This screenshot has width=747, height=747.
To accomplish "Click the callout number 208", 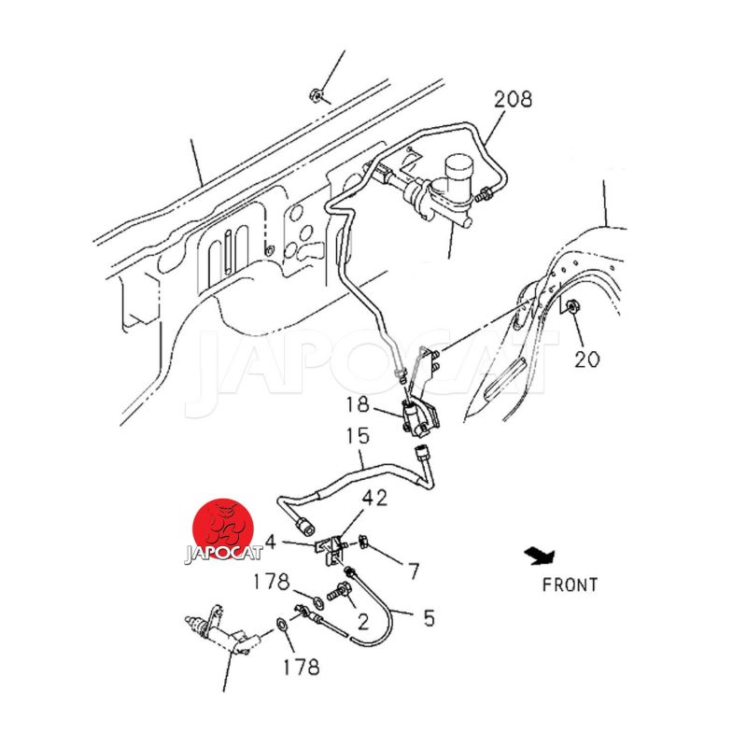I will pos(514,98).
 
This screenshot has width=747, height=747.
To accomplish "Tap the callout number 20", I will pos(586,358).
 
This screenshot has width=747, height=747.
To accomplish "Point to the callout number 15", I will pos(358,436).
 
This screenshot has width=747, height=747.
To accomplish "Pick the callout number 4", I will pos(270,541).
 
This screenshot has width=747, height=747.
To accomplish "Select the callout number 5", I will pos(429,617).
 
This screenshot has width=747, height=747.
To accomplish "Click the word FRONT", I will pos(570,585).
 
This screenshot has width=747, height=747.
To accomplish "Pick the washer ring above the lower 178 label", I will pos(281,625).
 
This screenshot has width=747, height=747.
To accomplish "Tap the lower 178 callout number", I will pos(301,667).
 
